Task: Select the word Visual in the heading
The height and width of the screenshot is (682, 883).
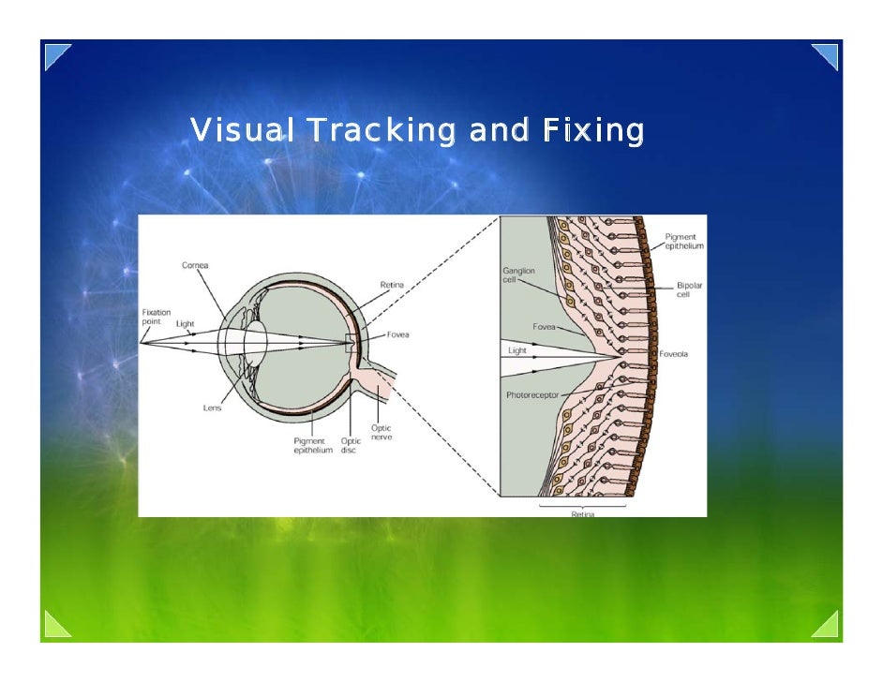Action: click(241, 130)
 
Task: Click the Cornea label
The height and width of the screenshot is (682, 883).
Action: click(195, 264)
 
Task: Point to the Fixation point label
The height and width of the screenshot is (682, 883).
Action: click(156, 318)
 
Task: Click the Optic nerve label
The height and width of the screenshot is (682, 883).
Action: click(381, 432)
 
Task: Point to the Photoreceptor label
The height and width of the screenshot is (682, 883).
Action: click(533, 394)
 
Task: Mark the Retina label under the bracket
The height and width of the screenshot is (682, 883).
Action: click(583, 513)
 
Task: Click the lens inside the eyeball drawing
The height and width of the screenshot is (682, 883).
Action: click(256, 346)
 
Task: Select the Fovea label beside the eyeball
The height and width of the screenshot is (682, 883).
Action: click(397, 334)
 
